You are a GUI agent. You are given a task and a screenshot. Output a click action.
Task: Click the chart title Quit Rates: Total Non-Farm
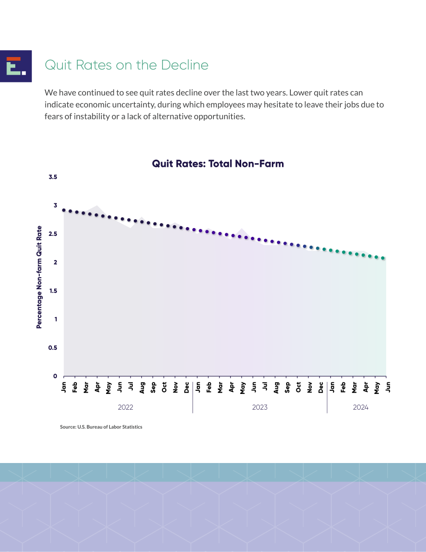[218, 164]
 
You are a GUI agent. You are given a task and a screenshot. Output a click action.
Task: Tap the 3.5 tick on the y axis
[53, 177]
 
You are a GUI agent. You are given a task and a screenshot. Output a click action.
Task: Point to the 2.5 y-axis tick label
[53, 234]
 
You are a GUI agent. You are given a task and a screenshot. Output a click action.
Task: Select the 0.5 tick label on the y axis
[53, 348]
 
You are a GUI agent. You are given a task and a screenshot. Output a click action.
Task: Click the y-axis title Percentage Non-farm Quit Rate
[39, 277]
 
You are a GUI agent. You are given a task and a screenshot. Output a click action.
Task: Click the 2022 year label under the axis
[125, 407]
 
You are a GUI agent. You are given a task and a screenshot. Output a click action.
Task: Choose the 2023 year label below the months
[260, 407]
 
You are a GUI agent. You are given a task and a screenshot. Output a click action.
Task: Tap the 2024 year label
[361, 407]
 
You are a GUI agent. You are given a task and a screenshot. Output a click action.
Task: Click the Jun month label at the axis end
[388, 387]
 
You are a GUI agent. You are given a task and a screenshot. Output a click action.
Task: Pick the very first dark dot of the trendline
[64, 210]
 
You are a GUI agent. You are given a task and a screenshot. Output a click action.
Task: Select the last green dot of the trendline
[383, 258]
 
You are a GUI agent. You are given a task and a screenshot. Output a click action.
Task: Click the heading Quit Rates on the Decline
[126, 65]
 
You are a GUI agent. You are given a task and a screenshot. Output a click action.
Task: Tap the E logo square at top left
[16, 66]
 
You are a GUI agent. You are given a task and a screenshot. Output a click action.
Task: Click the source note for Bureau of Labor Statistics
[101, 427]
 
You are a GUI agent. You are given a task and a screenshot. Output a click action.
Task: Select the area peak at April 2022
[97, 205]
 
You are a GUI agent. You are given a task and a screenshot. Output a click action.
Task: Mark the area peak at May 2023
[242, 229]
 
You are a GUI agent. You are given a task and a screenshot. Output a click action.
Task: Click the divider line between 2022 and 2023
[193, 397]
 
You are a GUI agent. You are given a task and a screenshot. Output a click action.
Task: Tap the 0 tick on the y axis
[55, 376]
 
